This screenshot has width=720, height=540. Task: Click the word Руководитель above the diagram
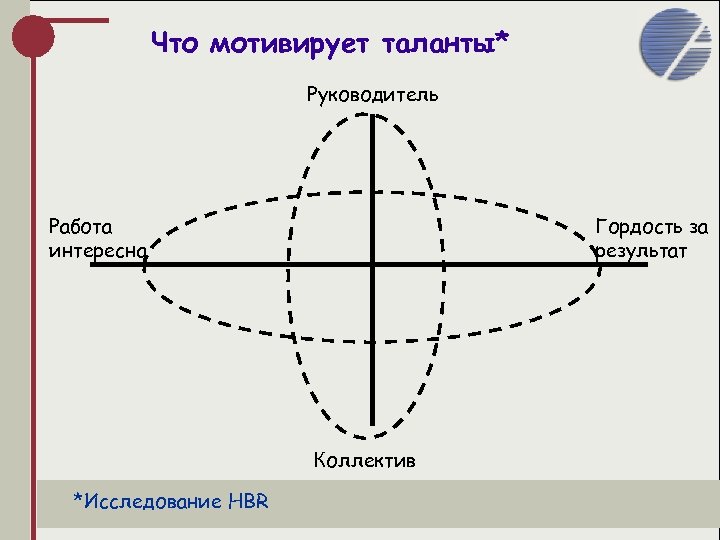coord(372,96)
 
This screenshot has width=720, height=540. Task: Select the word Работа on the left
coord(81,227)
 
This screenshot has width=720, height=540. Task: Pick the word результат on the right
coord(641,250)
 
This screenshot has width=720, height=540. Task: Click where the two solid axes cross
coord(372,265)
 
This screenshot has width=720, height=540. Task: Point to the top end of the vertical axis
coord(372,117)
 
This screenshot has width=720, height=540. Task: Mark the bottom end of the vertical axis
coord(372,424)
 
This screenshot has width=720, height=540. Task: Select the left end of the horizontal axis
coord(93,265)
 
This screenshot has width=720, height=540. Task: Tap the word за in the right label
coord(696,227)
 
